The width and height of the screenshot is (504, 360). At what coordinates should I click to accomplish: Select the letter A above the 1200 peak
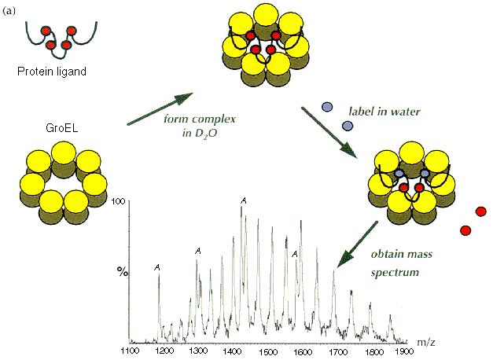[158, 268]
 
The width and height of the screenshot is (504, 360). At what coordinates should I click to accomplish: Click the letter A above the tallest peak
[245, 201]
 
